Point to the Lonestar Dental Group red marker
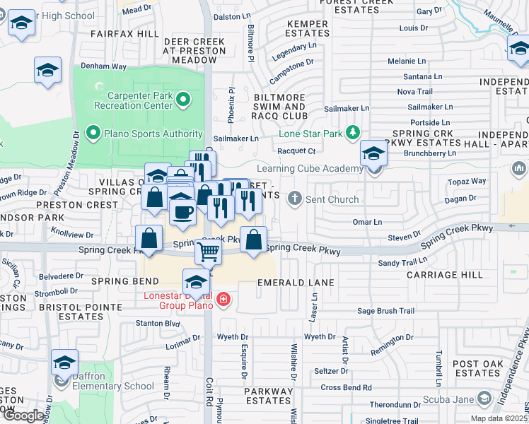[223, 300]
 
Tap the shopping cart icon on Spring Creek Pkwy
[208, 251]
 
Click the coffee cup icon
[182, 211]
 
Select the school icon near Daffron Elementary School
[64, 363]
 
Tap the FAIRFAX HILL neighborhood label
[124, 33]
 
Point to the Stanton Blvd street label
[157, 324]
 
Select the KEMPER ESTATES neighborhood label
[308, 29]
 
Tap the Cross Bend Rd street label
[347, 387]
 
